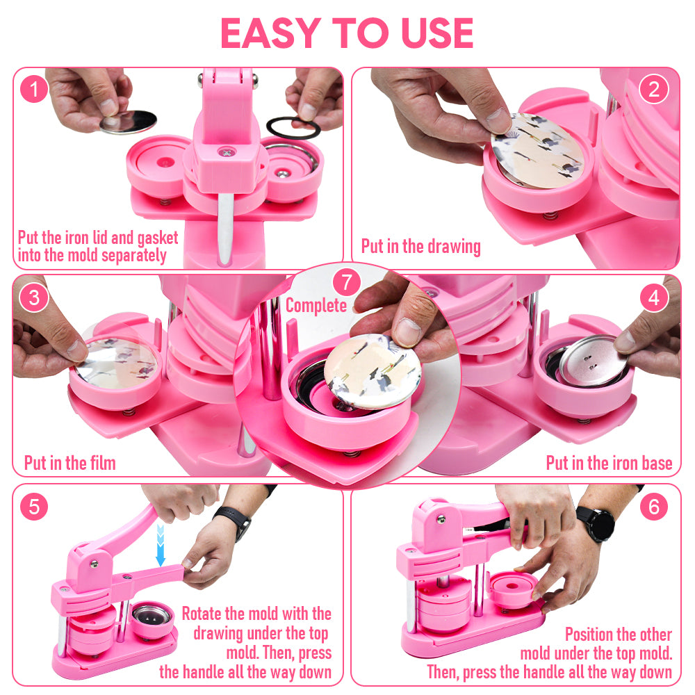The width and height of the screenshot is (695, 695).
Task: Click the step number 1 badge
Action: (x=33, y=89)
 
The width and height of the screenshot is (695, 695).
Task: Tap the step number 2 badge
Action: (x=654, y=89)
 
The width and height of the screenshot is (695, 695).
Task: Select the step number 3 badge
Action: (x=33, y=297)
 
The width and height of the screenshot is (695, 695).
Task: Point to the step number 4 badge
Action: (x=654, y=297)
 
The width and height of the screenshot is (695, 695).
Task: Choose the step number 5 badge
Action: (x=33, y=507)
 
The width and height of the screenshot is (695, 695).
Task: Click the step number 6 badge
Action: (x=654, y=507)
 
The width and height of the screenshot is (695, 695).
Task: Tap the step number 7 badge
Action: (x=347, y=282)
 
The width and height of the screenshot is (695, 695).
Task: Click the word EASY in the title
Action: (x=270, y=33)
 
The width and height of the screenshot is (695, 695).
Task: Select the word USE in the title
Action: (x=437, y=33)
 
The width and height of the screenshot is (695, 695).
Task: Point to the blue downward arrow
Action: (x=161, y=545)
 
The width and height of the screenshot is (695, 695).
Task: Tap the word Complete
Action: (x=316, y=306)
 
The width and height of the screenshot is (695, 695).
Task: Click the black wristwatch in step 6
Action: (x=598, y=523)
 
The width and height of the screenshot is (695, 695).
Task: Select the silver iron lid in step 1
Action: (x=128, y=122)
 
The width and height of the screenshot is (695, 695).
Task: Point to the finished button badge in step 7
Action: (x=373, y=371)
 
